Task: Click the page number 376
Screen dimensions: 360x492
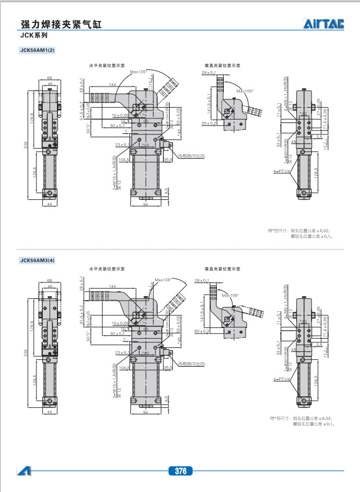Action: pyautogui.click(x=181, y=471)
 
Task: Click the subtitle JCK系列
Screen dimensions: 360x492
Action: pyautogui.click(x=33, y=35)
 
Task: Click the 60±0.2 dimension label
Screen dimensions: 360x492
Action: pyautogui.click(x=209, y=331)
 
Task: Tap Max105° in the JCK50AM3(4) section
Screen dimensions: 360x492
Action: pyautogui.click(x=231, y=295)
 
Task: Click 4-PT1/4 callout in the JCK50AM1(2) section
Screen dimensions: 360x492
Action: pyautogui.click(x=283, y=171)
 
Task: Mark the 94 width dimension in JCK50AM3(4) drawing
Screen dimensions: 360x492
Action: pyautogui.click(x=145, y=412)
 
